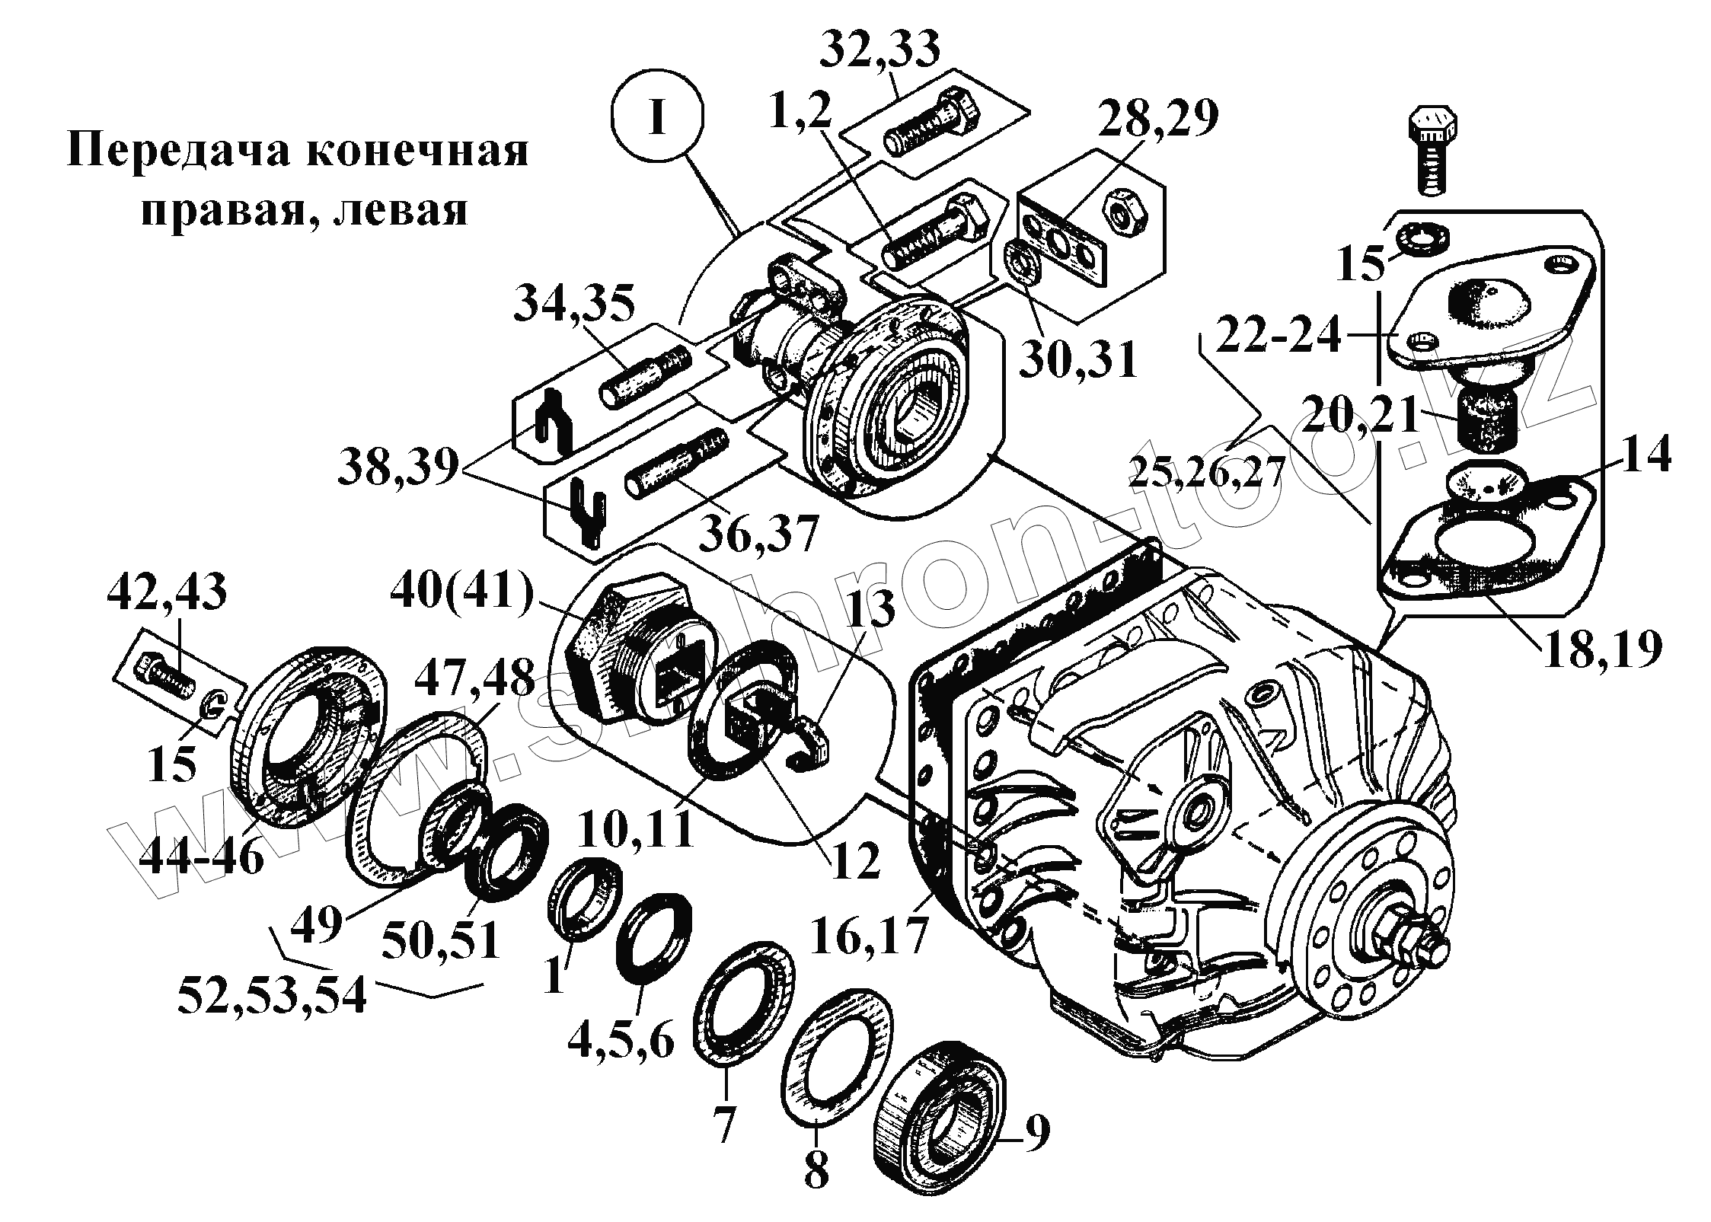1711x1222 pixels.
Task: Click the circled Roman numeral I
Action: [x=658, y=119]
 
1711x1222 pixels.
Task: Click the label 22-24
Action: [x=1278, y=335]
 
